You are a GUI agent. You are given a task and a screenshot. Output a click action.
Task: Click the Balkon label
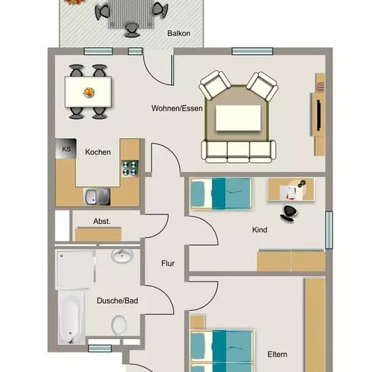tap(179, 33)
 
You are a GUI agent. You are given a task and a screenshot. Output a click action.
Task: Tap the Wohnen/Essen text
tap(177, 108)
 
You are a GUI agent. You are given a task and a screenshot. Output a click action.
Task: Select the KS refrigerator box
tap(66, 149)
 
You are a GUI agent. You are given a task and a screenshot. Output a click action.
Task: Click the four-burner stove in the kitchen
tap(130, 168)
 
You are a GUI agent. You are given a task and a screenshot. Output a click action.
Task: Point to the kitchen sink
tap(97, 197)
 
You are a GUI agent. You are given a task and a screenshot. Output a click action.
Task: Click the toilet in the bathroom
tap(119, 325)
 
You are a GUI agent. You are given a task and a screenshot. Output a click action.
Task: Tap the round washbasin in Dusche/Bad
tap(122, 256)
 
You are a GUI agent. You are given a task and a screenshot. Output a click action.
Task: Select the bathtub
tap(71, 317)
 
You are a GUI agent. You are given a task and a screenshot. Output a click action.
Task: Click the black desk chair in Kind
tap(289, 213)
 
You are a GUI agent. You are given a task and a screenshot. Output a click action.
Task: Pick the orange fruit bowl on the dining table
tap(89, 92)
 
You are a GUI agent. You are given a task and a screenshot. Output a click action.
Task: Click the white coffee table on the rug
tap(238, 118)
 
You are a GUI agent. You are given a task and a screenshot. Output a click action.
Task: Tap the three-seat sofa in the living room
tap(239, 152)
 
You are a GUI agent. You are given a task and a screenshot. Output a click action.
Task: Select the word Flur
tap(168, 263)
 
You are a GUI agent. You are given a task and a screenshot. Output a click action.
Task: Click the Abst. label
tap(101, 221)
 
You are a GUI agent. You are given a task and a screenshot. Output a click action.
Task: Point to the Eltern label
tap(277, 354)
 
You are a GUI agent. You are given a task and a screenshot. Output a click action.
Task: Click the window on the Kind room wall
tap(329, 230)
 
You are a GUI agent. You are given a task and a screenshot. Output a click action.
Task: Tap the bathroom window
tap(100, 348)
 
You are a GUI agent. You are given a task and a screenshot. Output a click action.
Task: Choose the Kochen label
tap(98, 152)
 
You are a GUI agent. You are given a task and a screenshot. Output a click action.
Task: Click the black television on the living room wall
tap(319, 115)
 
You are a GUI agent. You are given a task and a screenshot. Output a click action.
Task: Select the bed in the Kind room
tap(221, 194)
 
